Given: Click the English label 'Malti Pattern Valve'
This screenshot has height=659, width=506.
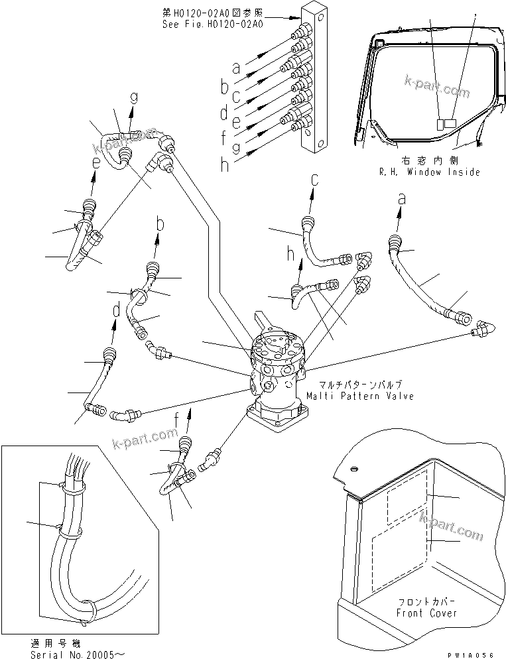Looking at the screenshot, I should point(359,396).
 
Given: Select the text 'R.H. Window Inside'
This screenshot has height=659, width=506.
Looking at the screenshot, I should point(430,172).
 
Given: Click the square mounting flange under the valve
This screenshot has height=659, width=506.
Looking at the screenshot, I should point(277,418).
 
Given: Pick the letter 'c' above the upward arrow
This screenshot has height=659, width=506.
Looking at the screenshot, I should point(314,178).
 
